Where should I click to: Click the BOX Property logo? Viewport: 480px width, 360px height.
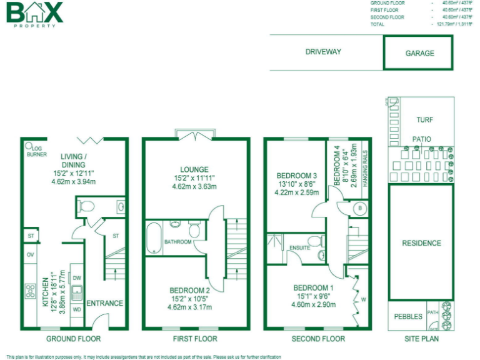pyautogui.click(x=35, y=14)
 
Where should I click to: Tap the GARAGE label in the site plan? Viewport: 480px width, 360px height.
pyautogui.click(x=419, y=53)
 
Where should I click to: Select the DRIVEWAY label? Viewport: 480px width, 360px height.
pyautogui.click(x=323, y=52)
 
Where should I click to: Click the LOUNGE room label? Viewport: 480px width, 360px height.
pyautogui.click(x=194, y=169)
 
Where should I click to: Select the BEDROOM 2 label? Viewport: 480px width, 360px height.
pyautogui.click(x=189, y=291)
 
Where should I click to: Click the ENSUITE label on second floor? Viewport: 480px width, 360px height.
pyautogui.click(x=300, y=248)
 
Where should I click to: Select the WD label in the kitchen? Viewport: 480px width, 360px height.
pyautogui.click(x=77, y=309)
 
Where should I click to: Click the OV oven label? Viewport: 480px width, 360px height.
pyautogui.click(x=30, y=255)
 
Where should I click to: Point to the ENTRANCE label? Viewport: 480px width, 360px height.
pyautogui.click(x=104, y=303)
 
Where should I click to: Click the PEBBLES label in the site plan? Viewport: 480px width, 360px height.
pyautogui.click(x=408, y=316)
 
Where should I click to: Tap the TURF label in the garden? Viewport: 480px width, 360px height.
pyautogui.click(x=424, y=120)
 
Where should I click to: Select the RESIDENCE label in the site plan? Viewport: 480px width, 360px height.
pyautogui.click(x=421, y=243)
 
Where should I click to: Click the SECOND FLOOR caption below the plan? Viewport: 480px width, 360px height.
pyautogui.click(x=318, y=339)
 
